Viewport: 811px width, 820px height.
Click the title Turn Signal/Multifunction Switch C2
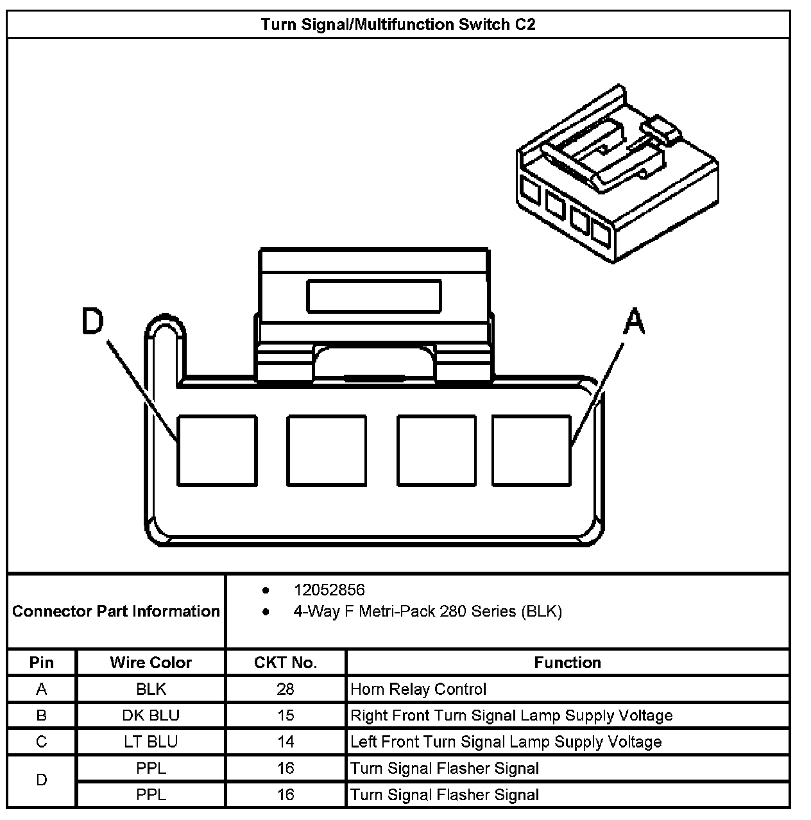pyautogui.click(x=398, y=25)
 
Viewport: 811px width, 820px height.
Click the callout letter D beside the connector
pyautogui.click(x=92, y=321)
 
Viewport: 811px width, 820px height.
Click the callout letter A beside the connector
pyautogui.click(x=634, y=321)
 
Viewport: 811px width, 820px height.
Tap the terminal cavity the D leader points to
pyautogui.click(x=217, y=450)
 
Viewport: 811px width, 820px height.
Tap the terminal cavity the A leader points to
pyautogui.click(x=531, y=450)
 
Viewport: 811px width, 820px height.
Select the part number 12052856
pyautogui.click(x=329, y=590)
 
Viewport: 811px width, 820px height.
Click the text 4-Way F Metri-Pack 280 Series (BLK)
pyautogui.click(x=427, y=611)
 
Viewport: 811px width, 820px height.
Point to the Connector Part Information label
pyautogui.click(x=116, y=611)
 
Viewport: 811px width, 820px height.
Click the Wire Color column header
pyautogui.click(x=151, y=662)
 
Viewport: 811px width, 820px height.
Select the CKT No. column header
pyautogui.click(x=286, y=662)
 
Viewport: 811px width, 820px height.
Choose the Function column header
pyautogui.click(x=567, y=662)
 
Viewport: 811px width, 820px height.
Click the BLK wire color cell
pyautogui.click(x=151, y=689)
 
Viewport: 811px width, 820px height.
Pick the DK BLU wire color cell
pyautogui.click(x=151, y=715)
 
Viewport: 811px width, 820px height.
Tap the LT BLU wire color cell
pyautogui.click(x=151, y=742)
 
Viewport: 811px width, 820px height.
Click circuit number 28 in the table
pyautogui.click(x=286, y=689)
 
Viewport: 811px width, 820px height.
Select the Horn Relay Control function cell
pyautogui.click(x=418, y=689)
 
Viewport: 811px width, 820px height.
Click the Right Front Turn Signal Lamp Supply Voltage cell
pyautogui.click(x=511, y=715)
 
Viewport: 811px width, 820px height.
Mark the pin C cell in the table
pyautogui.click(x=42, y=742)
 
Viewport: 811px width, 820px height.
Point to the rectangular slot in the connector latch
pyautogui.click(x=374, y=296)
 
